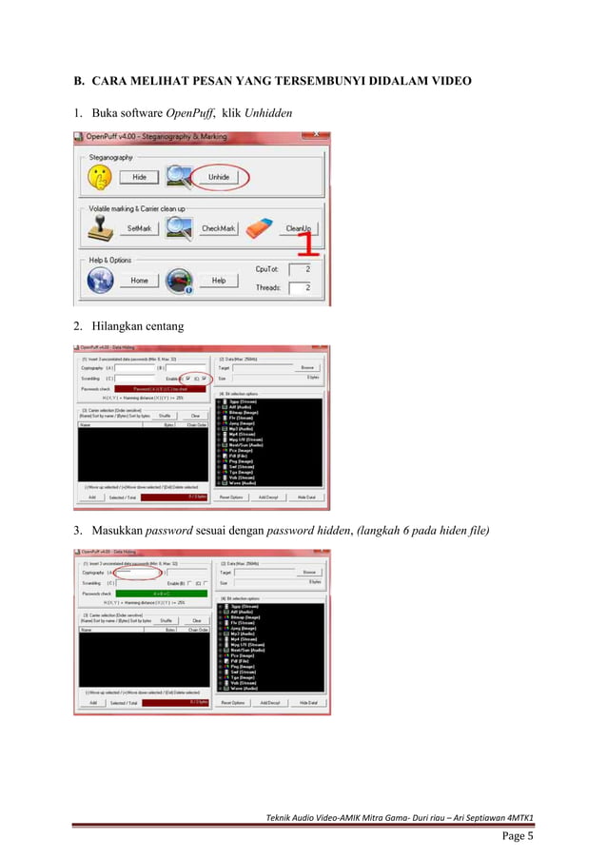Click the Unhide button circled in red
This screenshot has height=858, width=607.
(x=218, y=177)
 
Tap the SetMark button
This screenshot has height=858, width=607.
(x=139, y=229)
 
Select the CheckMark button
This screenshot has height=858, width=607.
(x=218, y=229)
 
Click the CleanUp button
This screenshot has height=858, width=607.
(x=299, y=229)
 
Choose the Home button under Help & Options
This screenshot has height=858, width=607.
(x=139, y=281)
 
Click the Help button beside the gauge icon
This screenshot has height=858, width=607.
(x=218, y=281)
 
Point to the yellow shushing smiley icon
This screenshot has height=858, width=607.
(x=99, y=176)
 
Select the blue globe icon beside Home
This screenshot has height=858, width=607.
(x=99, y=280)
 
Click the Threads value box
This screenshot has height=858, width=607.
(x=301, y=287)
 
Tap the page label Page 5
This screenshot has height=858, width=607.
(x=518, y=837)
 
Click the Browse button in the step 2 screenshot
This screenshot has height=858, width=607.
(x=306, y=366)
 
